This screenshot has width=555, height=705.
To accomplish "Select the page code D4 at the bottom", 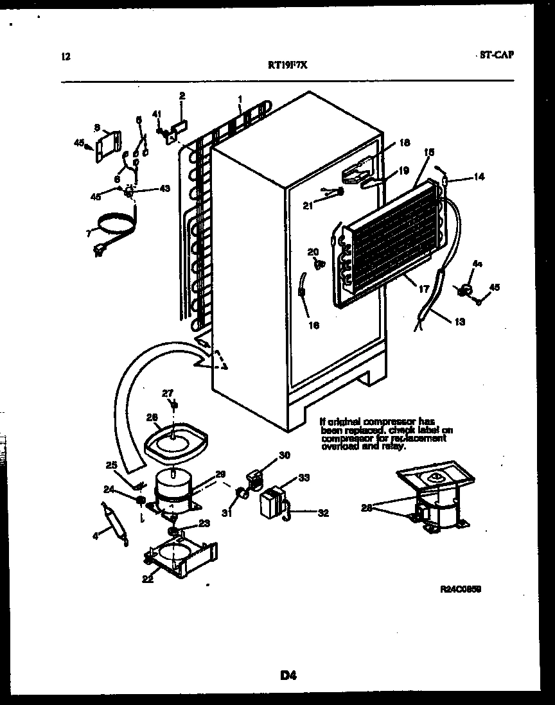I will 288,674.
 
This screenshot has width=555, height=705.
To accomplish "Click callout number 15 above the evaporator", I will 429,152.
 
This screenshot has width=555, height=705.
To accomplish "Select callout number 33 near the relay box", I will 304,478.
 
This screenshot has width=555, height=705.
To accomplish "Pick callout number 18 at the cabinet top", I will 403,144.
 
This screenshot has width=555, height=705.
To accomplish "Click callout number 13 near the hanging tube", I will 459,322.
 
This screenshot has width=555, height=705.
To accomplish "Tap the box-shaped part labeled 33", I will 274,500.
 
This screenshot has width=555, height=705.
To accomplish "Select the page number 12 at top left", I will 65,57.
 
